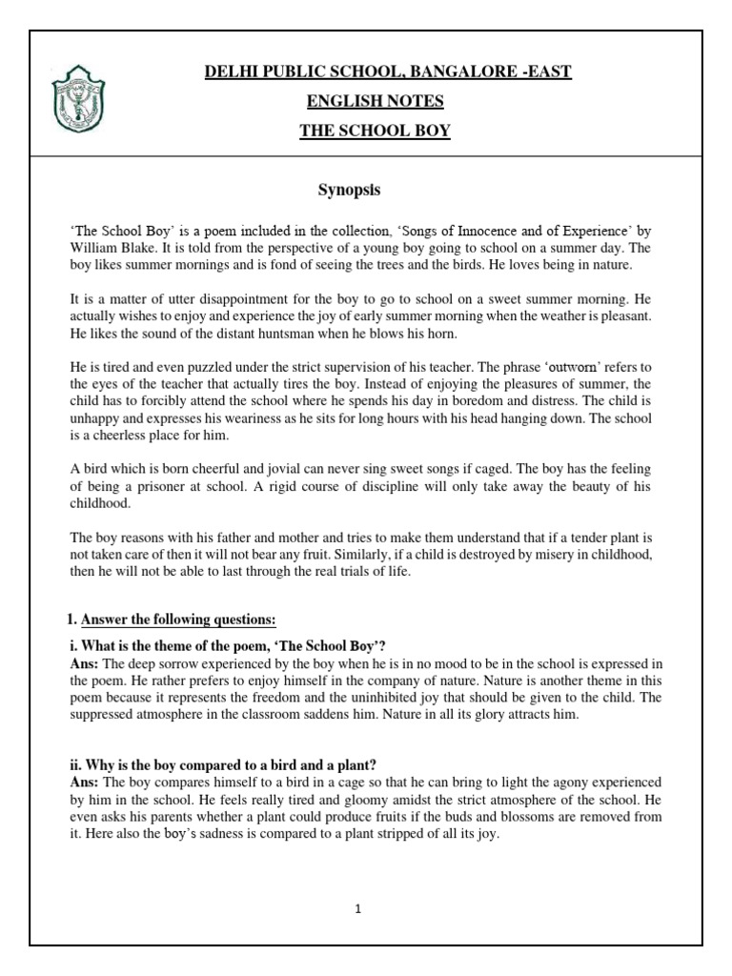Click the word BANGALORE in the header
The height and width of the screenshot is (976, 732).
447,71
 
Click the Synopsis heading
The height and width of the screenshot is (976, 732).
349,190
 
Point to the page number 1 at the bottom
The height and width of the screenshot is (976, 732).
357,909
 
